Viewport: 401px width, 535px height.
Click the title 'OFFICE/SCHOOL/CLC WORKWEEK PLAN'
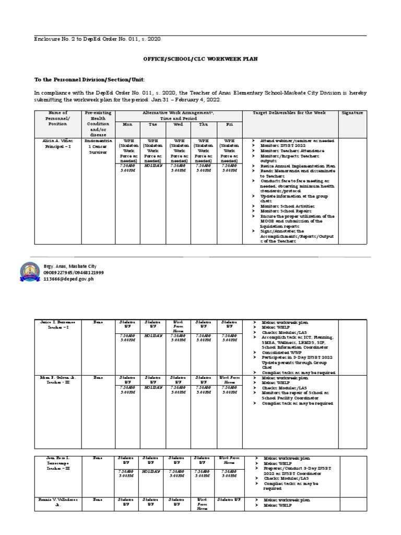(x=200, y=60)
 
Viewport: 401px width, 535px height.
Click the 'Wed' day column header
(x=178, y=124)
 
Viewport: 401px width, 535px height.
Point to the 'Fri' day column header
(x=229, y=124)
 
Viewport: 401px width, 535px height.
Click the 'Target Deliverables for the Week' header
(x=289, y=113)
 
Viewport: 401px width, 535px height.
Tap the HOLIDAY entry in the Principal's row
(x=153, y=166)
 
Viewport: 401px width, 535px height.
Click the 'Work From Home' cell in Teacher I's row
(x=178, y=327)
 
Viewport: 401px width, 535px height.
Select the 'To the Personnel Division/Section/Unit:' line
(x=89, y=79)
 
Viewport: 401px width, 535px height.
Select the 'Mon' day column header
(x=128, y=124)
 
